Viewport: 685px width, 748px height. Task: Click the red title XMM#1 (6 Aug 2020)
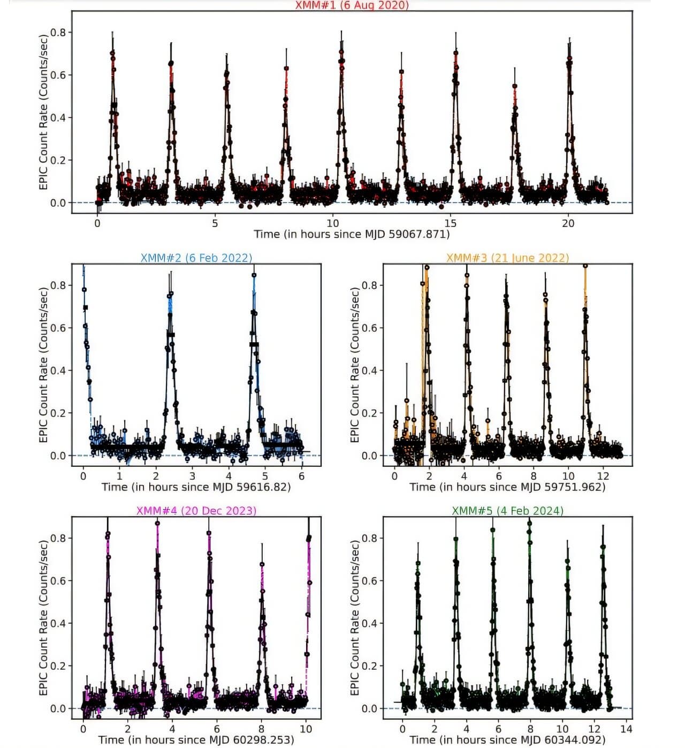point(352,5)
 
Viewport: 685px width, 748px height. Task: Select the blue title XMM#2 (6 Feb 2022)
point(196,258)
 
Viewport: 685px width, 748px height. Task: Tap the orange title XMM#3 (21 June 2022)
point(507,258)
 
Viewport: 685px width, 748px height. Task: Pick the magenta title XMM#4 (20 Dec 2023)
point(196,510)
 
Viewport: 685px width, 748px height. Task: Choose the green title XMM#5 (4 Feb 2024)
point(507,510)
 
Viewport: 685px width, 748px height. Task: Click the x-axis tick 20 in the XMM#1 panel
point(568,223)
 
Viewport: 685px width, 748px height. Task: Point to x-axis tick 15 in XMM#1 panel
point(450,223)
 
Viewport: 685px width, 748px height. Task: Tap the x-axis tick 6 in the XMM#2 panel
point(302,476)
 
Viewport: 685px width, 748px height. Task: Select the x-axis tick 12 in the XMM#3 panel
point(603,476)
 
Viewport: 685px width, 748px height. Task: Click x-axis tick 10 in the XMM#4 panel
point(306,729)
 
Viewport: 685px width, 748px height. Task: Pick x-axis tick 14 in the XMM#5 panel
point(626,729)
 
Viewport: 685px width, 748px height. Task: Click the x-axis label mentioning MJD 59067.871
point(352,234)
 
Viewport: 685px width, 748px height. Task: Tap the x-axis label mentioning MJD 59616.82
point(196,487)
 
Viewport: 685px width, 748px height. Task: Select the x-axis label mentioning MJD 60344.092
point(507,739)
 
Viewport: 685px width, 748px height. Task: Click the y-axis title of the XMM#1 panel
point(43,111)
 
